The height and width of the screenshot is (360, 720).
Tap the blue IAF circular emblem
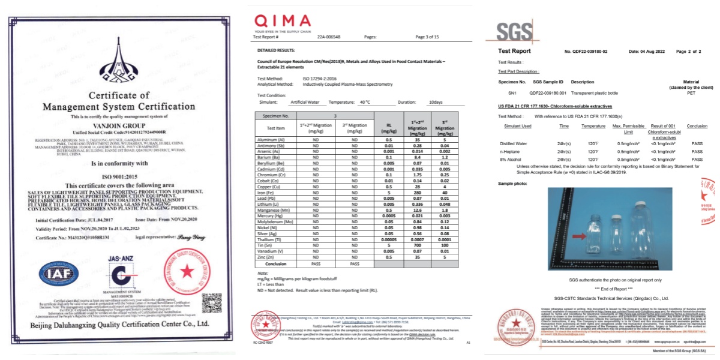[59, 274]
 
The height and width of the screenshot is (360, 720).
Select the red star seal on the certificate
[186, 272]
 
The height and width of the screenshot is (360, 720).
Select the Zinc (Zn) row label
[268, 256]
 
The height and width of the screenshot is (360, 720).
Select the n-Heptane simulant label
[510, 152]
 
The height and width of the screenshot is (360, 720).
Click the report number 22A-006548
[329, 37]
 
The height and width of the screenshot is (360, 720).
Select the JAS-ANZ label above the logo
[118, 259]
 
